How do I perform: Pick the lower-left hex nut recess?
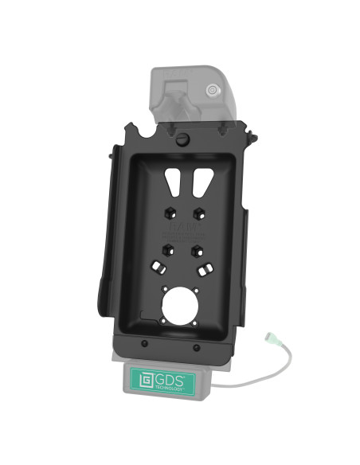(166, 249)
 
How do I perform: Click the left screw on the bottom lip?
(144, 344)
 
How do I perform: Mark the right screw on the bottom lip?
(196, 348)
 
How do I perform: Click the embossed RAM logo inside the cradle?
(182, 232)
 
